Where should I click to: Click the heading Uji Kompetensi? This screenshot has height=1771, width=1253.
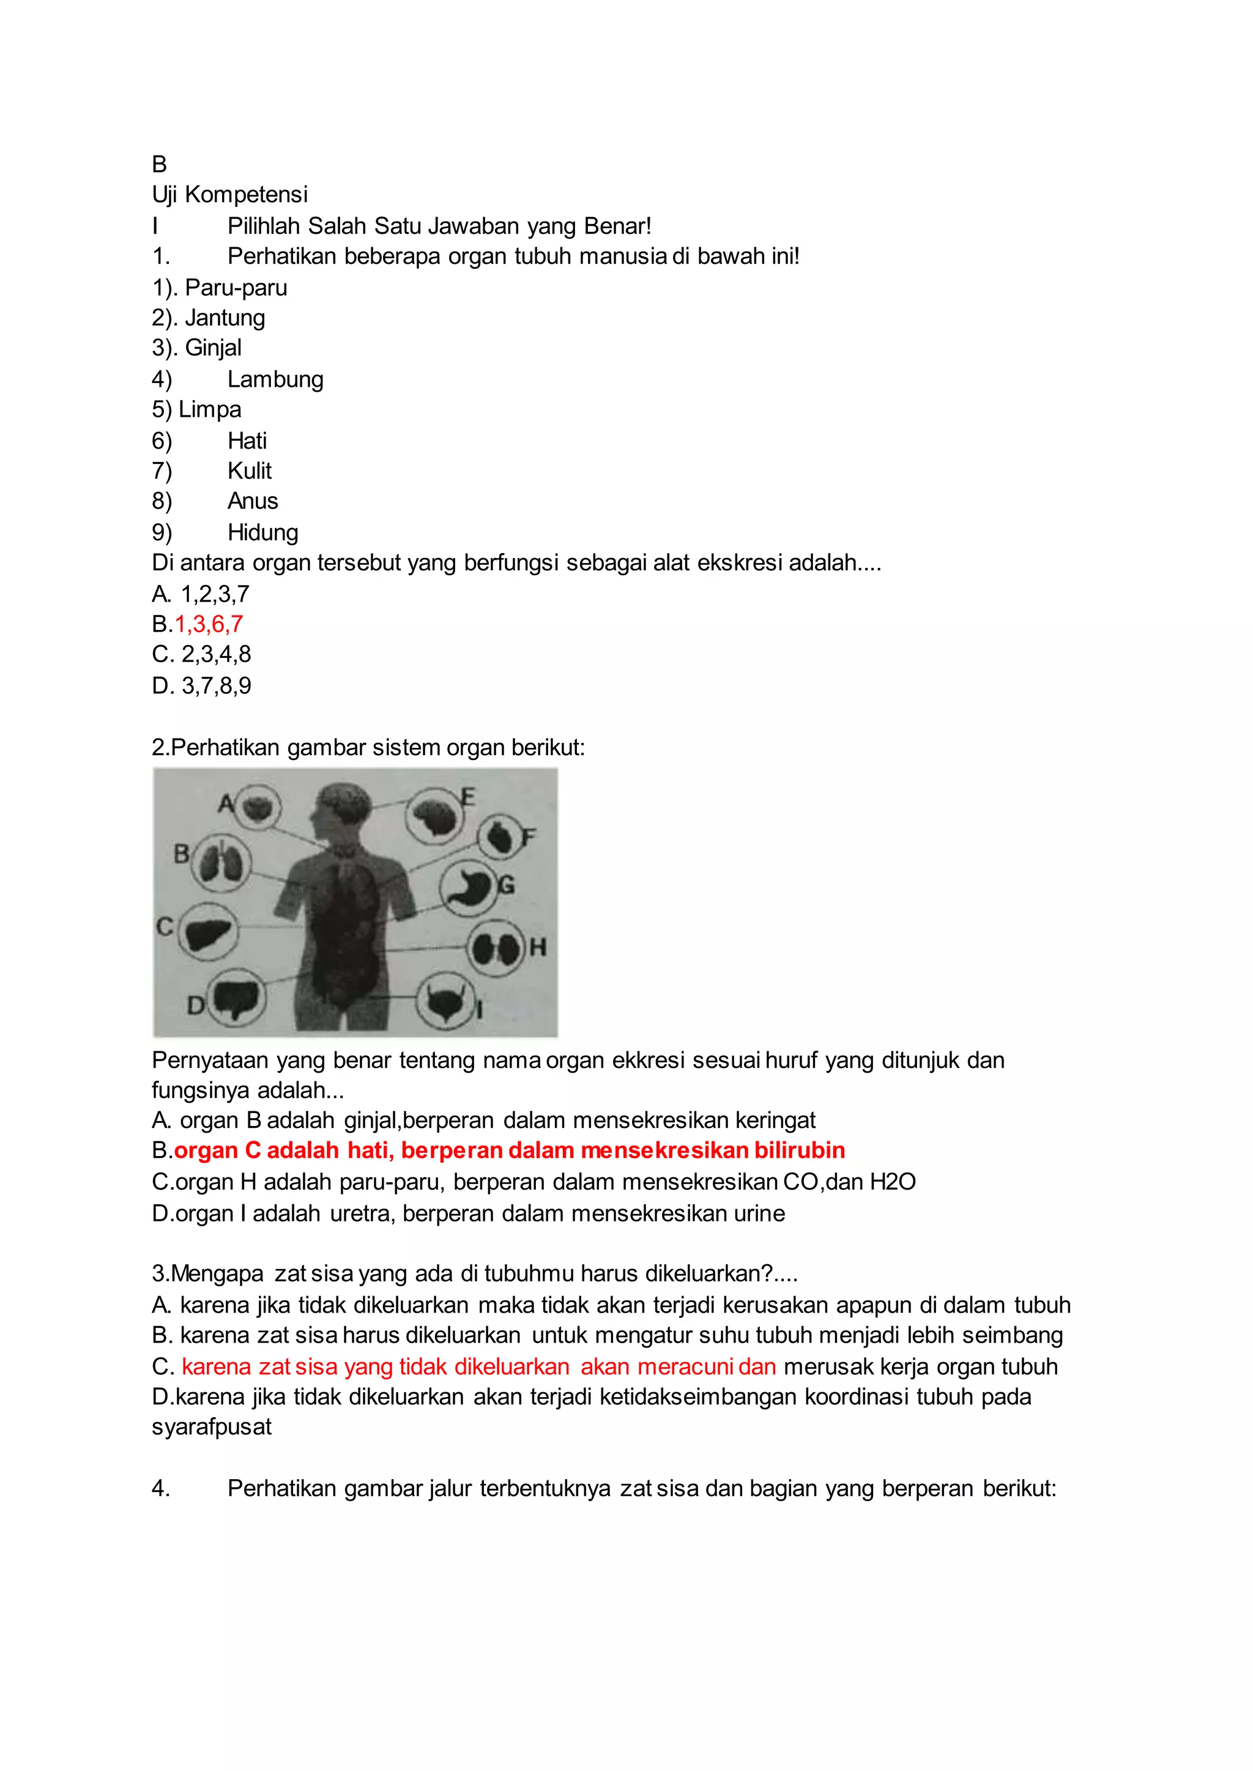pos(229,195)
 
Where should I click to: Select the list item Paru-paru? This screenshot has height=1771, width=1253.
pos(236,288)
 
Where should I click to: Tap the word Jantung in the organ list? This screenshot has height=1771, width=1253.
pos(225,318)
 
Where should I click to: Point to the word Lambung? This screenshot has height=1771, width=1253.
pos(275,379)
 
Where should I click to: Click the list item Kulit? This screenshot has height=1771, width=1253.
pos(249,471)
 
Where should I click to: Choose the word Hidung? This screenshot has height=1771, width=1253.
pos(262,532)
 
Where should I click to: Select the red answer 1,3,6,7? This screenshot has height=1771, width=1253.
pos(208,624)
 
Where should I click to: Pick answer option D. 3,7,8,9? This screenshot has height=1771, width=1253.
pos(201,685)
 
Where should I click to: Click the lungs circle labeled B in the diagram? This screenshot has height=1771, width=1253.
pos(221,863)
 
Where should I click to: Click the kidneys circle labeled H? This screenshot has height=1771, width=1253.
pos(496,949)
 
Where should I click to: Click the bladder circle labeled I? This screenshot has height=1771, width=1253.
pos(445,1002)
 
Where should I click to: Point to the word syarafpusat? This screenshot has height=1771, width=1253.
pos(212,1427)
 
